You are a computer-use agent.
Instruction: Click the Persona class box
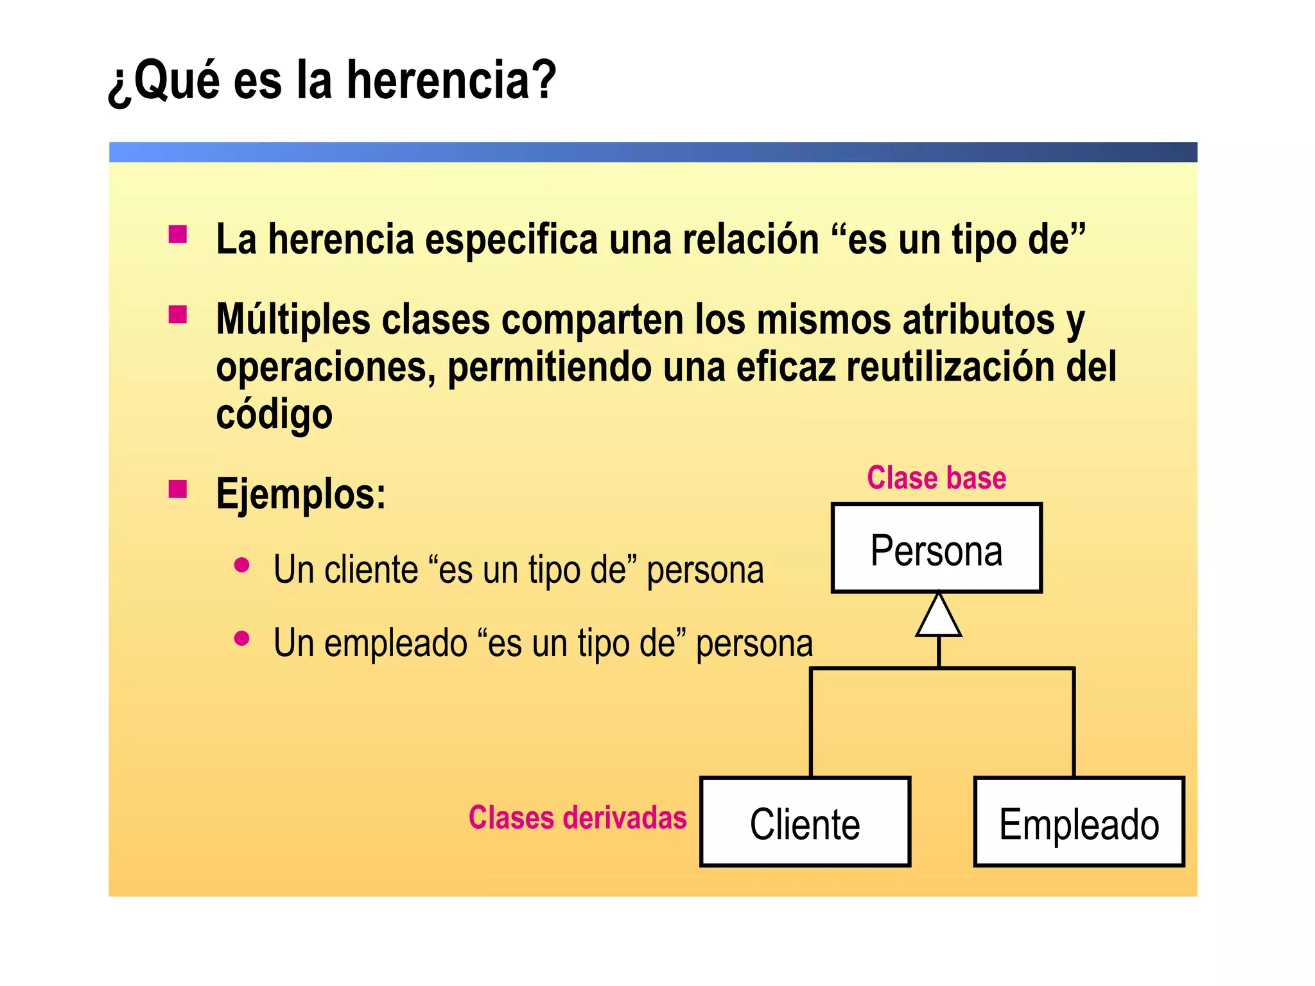tap(936, 548)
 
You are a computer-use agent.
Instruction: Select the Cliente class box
tap(805, 822)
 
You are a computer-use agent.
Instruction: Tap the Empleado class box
tap(1079, 822)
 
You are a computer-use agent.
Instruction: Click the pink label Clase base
tap(936, 478)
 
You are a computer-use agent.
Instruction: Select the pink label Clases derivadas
tap(577, 818)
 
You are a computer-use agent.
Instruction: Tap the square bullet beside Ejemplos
tap(178, 490)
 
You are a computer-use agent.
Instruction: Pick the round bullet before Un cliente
tap(242, 566)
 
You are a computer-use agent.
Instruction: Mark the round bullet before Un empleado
tap(242, 639)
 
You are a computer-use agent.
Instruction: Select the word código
tap(274, 414)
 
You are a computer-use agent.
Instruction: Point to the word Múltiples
tap(293, 319)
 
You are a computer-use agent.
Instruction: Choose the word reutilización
tap(950, 367)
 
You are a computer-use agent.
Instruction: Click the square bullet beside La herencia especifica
tap(178, 234)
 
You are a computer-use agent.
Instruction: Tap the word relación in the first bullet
tap(751, 239)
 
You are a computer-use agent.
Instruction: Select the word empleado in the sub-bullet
tap(396, 643)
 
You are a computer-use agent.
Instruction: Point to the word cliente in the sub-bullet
tap(371, 570)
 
